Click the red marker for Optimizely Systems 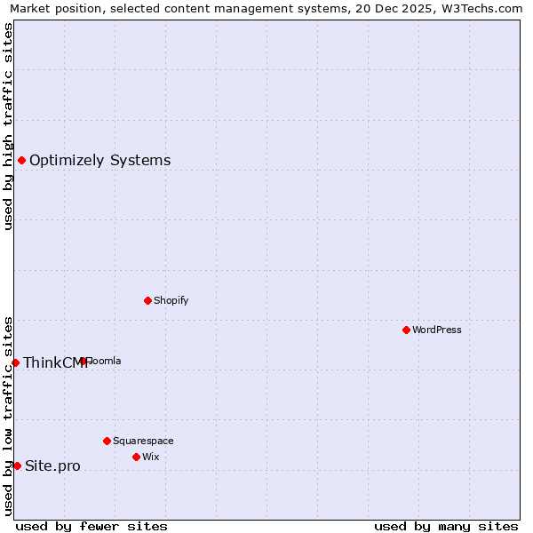coord(21,160)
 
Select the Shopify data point coord(147,300)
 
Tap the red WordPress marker coord(406,330)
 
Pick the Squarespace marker coord(107,441)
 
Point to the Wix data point coord(136,457)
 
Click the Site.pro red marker coord(17,465)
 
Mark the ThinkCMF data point coord(15,362)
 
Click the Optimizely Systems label coord(99,161)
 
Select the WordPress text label coord(436,330)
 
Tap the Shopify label coord(171,300)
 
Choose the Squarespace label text coord(143,441)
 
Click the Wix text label coord(150,457)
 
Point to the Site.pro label coord(52,466)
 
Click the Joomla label coord(104,361)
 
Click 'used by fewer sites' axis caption coord(91,526)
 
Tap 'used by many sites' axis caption coord(446,526)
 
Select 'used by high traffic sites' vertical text coord(9,126)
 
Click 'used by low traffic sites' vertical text coord(9,416)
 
